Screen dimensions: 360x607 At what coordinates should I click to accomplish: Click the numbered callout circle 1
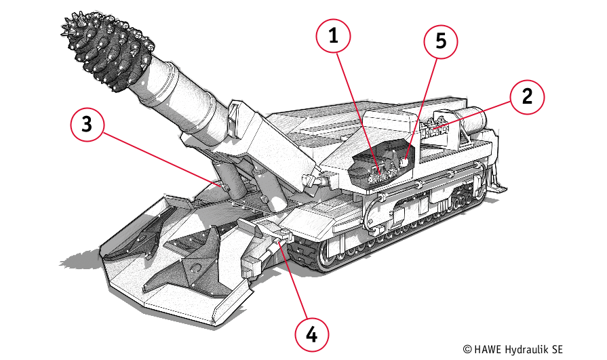click(332, 37)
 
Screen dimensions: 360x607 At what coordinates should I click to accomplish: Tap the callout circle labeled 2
click(526, 97)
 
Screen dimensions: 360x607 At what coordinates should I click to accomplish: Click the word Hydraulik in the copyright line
click(526, 348)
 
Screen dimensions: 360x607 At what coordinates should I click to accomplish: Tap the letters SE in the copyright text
click(556, 348)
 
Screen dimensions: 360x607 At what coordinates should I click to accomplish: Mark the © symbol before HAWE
click(467, 348)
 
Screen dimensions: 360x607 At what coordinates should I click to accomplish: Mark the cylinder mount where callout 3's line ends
click(218, 183)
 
